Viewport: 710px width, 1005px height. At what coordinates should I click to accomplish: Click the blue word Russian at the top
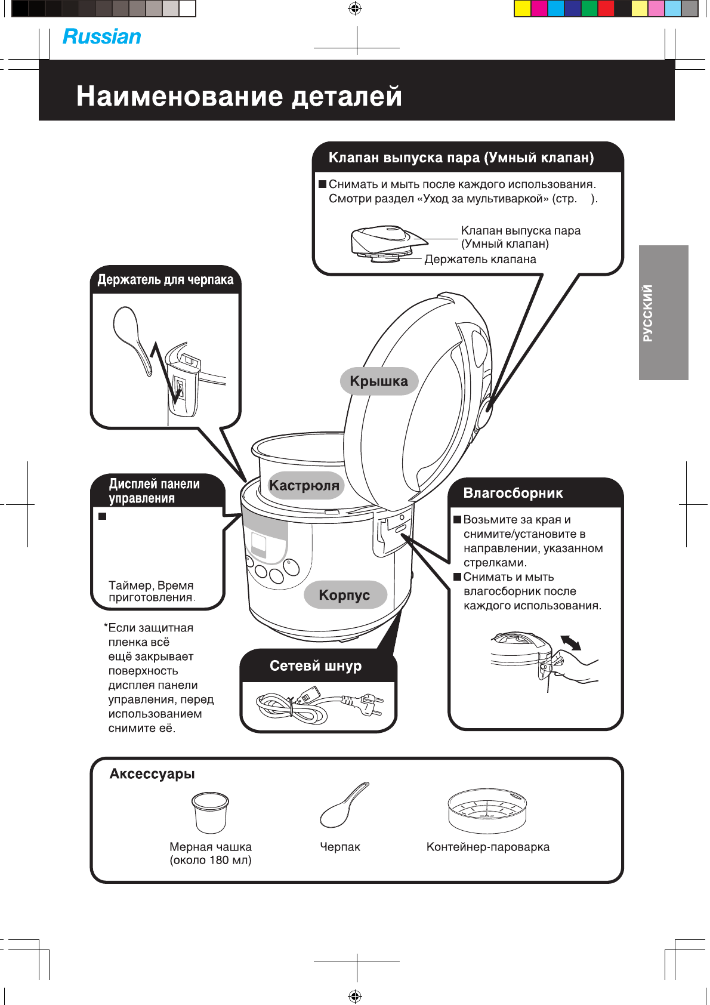(102, 37)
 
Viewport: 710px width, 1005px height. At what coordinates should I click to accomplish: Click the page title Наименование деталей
(239, 96)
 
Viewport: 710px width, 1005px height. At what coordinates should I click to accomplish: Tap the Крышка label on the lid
(379, 381)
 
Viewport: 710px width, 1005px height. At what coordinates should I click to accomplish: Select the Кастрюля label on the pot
(304, 485)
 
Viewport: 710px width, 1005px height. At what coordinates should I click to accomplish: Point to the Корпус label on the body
(344, 595)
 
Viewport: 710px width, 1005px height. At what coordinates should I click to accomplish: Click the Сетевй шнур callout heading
(316, 666)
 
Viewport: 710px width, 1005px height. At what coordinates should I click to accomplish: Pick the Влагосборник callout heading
(513, 493)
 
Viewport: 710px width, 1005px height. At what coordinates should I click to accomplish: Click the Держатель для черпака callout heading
(165, 280)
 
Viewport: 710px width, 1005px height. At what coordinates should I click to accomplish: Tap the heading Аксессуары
(152, 774)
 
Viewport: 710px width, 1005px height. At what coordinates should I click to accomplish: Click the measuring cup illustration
(210, 812)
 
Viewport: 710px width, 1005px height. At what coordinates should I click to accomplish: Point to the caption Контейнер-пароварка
(488, 847)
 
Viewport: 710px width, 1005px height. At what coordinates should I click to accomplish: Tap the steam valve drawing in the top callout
(388, 241)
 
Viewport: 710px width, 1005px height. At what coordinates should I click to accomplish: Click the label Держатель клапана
(480, 260)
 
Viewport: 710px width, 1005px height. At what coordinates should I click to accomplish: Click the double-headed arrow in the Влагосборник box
(570, 643)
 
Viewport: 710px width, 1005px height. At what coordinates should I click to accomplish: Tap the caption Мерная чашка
(211, 847)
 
